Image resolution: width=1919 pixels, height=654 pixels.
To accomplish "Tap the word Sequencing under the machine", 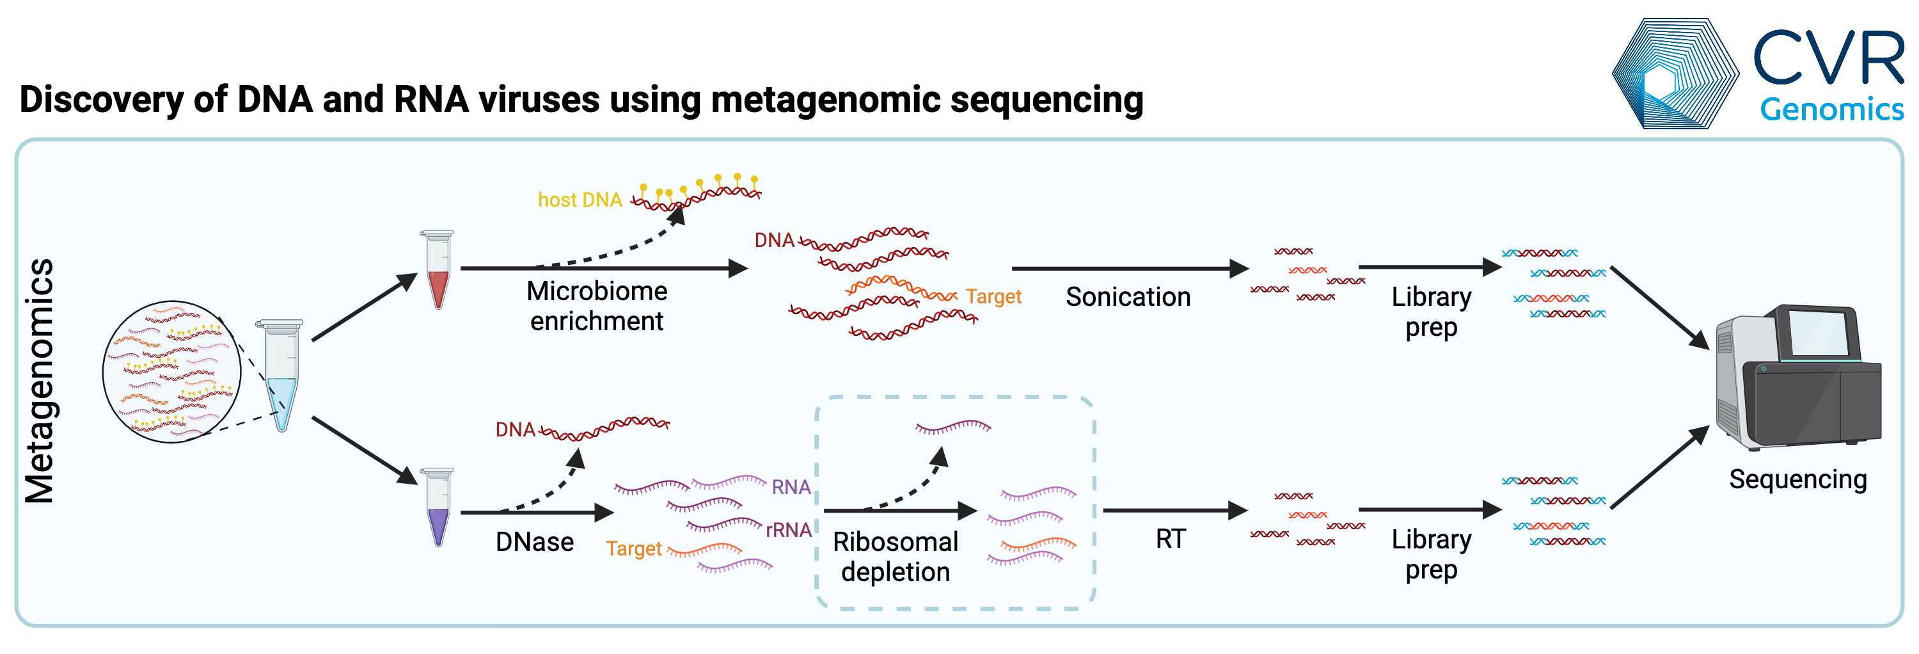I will click(1797, 479).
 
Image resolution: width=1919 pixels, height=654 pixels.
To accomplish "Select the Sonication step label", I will click(1127, 296).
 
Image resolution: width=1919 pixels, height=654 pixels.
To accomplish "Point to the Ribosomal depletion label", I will click(895, 557).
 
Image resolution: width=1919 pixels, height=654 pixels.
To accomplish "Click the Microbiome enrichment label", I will click(596, 305).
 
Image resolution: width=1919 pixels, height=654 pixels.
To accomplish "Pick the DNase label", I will click(534, 541).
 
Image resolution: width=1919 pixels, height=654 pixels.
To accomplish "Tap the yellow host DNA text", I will click(580, 200).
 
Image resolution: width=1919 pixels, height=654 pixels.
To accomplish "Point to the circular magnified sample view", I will click(171, 372).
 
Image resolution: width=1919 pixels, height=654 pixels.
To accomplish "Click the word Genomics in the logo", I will click(1831, 109).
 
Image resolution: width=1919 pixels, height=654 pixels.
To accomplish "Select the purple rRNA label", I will click(788, 530).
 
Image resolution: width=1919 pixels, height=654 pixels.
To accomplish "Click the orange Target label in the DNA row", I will click(993, 296).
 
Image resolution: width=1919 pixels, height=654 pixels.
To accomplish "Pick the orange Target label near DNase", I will click(633, 548).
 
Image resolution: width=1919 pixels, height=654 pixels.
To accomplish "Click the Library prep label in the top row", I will click(1430, 312).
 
